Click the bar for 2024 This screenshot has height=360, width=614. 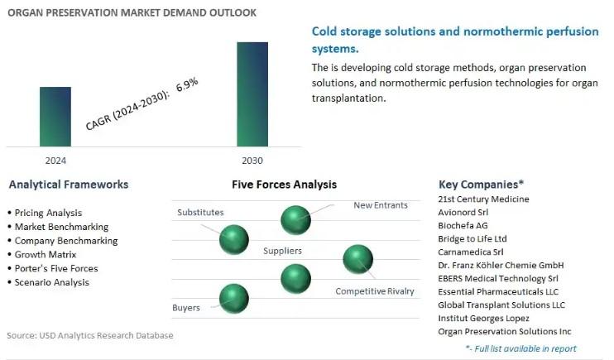55,117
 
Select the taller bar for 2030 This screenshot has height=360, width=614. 252,94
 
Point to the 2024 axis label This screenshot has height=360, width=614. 55,161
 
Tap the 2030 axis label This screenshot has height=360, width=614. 252,161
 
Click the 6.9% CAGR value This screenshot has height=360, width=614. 187,84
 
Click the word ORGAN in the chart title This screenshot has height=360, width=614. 25,12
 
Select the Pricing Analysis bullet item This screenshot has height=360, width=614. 48,213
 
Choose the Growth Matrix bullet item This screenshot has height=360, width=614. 46,255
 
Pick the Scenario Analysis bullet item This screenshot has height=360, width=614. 51,282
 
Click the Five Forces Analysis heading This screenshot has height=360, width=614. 285,185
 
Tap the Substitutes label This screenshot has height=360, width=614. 200,213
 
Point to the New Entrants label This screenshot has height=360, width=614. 381,205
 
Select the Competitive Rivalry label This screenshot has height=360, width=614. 375,291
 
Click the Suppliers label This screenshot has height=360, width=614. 282,251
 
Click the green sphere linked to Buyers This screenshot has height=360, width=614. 234,299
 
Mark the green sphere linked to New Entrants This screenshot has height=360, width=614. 295,220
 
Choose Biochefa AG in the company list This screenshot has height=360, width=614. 463,226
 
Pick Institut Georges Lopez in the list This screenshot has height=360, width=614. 483,318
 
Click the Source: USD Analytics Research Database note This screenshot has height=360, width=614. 90,335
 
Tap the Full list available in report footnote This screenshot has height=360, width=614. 520,348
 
